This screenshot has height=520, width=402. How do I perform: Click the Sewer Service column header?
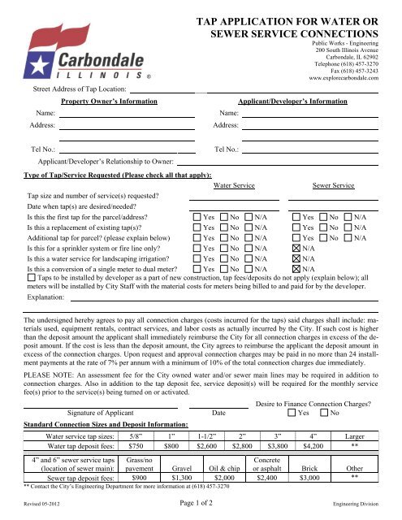tap(333, 186)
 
